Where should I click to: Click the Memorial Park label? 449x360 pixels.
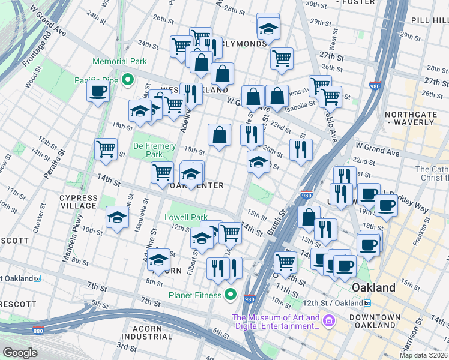pos(119,61)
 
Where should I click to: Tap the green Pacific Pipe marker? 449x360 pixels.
pos(127,80)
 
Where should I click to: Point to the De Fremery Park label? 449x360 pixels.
pos(154,150)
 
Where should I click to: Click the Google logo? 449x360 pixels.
pos(20,352)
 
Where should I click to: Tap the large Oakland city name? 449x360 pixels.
pos(373,287)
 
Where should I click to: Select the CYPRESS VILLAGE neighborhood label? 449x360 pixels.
pos(79,202)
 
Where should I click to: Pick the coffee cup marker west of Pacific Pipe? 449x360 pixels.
pos(98,91)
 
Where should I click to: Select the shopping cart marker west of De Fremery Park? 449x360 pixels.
pos(106,148)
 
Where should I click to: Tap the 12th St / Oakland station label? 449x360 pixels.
pos(344,303)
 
